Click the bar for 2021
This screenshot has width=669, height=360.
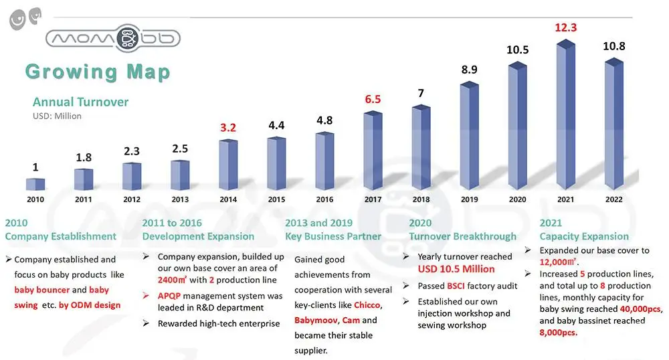(566, 117)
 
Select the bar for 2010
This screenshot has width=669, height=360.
(35, 184)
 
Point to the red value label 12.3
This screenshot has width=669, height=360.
(565, 28)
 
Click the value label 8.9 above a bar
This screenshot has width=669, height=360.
(469, 70)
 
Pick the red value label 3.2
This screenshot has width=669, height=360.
(228, 128)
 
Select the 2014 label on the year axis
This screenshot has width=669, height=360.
(228, 199)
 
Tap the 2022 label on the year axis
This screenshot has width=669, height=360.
(613, 199)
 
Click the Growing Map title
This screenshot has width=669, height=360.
(98, 72)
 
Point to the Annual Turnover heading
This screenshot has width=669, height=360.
(80, 102)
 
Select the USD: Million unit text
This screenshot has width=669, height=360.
(57, 116)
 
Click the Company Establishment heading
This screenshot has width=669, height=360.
(61, 236)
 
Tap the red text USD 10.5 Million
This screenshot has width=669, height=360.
(456, 269)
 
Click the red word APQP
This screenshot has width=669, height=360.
(171, 295)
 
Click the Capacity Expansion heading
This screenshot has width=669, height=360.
(584, 236)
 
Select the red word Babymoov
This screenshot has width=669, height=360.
(315, 321)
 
